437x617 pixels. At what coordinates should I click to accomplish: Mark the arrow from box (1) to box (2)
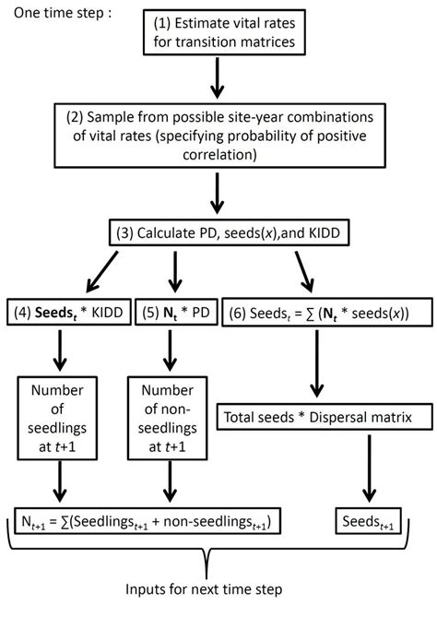[218, 78]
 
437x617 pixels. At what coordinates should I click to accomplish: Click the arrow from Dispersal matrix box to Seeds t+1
[369, 469]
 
